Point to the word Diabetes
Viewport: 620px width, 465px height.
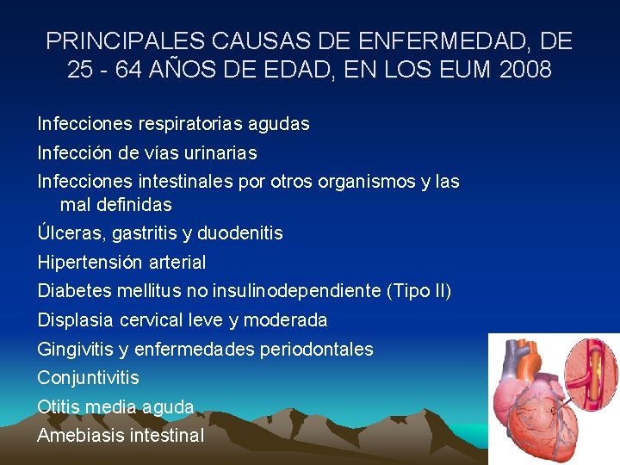tap(72, 291)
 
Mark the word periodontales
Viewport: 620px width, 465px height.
tap(320, 350)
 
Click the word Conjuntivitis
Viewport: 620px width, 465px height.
tap(88, 378)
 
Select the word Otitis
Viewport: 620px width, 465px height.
tap(58, 406)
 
